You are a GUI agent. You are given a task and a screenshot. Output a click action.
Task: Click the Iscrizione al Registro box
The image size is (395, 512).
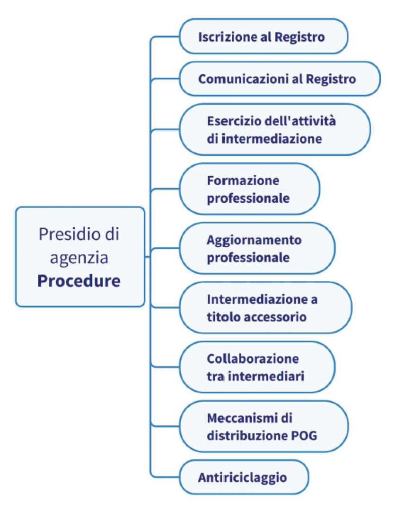[x=263, y=37]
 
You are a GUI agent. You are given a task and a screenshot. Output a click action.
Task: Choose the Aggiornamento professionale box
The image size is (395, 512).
[x=257, y=249]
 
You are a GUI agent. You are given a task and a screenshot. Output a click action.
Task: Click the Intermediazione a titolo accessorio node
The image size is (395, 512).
[x=265, y=308]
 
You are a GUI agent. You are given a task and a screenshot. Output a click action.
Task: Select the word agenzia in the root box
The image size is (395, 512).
[x=79, y=257]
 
